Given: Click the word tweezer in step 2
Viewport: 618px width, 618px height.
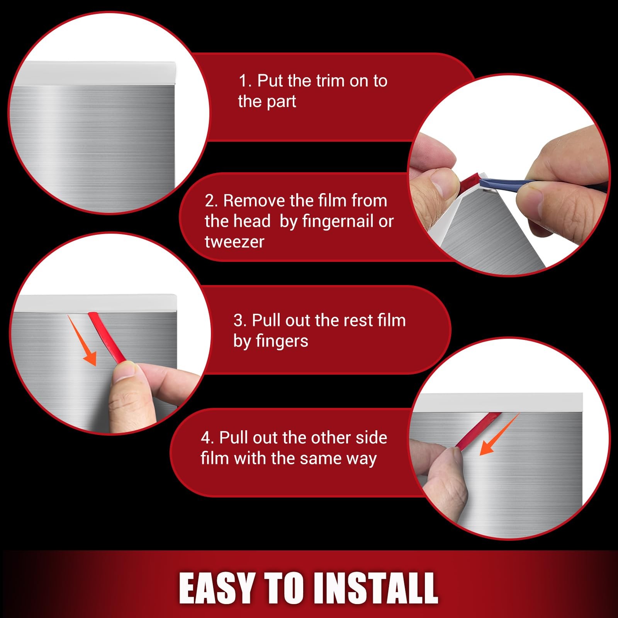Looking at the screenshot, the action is coord(234,242).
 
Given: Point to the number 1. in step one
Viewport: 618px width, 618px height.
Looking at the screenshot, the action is coord(245,81).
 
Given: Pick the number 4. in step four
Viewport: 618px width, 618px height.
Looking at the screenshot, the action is coord(207,438).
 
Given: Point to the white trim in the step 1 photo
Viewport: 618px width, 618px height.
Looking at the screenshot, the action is coord(100,73).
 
